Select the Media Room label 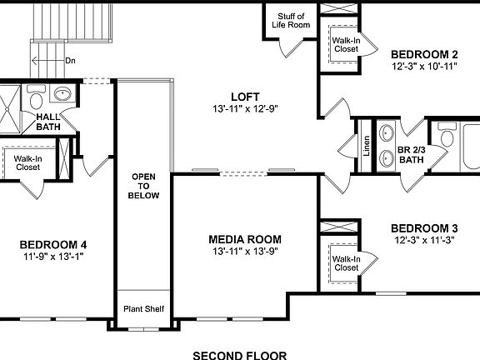[x=245, y=239]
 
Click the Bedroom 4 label [x=53, y=244]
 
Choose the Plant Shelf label [x=144, y=309]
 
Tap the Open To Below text [x=143, y=186]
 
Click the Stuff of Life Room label [x=291, y=20]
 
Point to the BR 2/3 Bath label [x=411, y=154]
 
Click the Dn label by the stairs [x=70, y=61]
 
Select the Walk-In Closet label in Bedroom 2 [x=346, y=43]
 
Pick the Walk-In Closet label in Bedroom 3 [x=346, y=262]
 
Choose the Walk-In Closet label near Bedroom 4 [x=27, y=162]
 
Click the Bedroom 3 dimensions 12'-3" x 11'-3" [x=425, y=240]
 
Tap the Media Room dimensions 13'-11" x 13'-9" [x=245, y=251]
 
